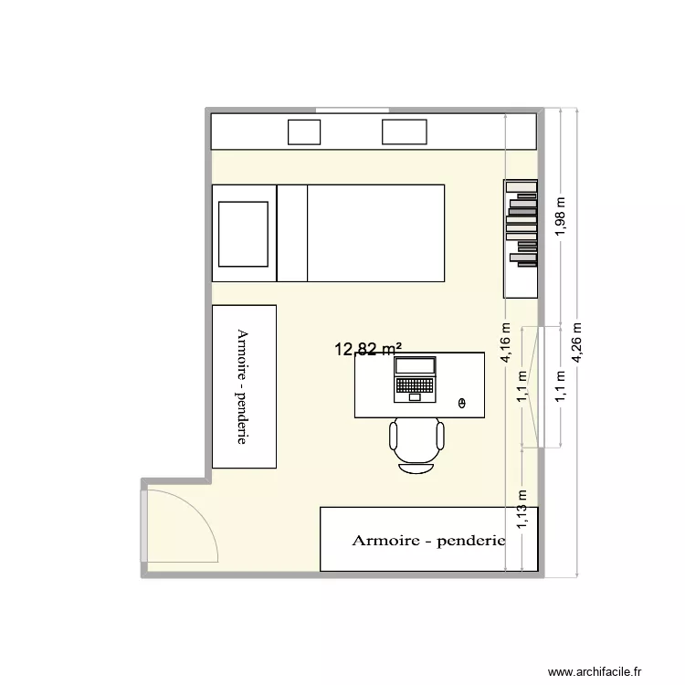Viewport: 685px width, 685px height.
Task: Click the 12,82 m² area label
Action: click(x=369, y=348)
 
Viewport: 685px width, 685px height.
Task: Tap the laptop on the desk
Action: click(x=415, y=380)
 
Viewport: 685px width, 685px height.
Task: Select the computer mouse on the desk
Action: click(x=461, y=403)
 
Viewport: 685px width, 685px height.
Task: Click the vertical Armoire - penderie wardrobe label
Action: click(x=243, y=386)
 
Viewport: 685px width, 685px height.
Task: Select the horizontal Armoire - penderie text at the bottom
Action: click(x=428, y=541)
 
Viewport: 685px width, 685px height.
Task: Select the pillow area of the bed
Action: click(x=292, y=233)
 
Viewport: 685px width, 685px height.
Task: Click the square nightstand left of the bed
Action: click(x=243, y=233)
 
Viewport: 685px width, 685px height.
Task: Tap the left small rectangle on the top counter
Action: click(x=304, y=132)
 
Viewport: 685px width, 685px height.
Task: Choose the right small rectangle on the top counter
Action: click(x=404, y=132)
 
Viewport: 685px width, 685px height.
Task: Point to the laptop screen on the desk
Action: click(x=415, y=367)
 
